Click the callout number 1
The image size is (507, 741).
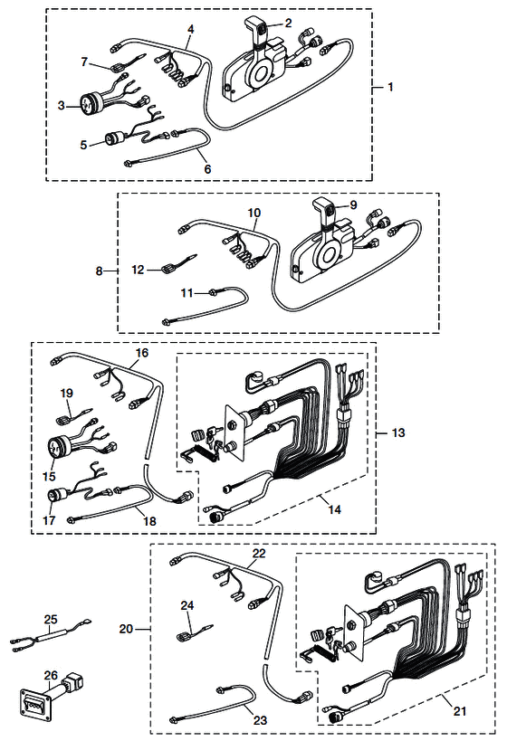(x=390, y=87)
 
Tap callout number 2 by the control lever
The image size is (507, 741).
(x=288, y=23)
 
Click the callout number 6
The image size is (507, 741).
(x=207, y=168)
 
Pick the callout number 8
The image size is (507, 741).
(x=99, y=271)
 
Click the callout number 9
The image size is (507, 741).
(x=353, y=205)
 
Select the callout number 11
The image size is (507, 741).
(x=187, y=293)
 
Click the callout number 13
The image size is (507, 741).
(x=398, y=432)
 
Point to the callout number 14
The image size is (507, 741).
(x=334, y=509)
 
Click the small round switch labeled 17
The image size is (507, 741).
(x=53, y=496)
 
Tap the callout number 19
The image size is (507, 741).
(x=67, y=393)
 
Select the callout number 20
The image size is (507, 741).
(x=126, y=629)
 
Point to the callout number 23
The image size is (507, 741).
(x=260, y=720)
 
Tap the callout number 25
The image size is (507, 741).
(x=51, y=619)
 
